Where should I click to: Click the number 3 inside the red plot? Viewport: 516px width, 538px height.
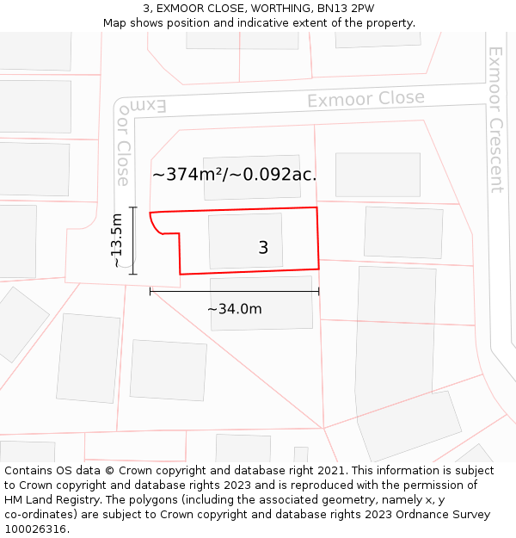tap(263, 248)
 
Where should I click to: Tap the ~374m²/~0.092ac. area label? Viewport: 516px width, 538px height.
tap(234, 175)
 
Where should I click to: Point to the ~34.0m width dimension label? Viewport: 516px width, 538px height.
tap(234, 309)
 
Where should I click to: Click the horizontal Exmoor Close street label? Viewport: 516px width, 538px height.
tap(365, 100)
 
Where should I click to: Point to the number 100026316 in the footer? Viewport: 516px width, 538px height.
tap(37, 529)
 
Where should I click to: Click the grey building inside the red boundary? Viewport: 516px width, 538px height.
tap(245, 241)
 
